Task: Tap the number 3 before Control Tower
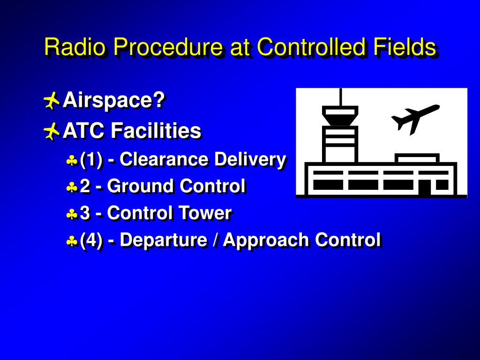(x=85, y=213)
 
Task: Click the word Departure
(x=163, y=240)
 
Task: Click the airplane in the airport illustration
(x=414, y=118)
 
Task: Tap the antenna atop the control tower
(x=340, y=97)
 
